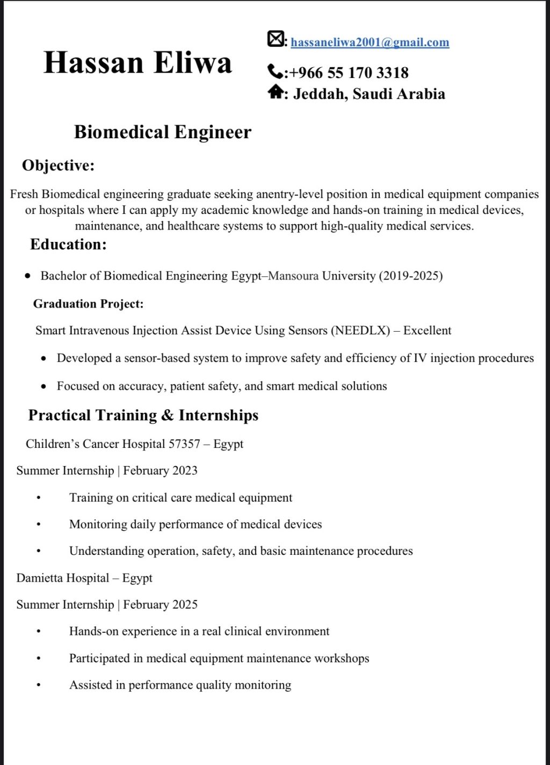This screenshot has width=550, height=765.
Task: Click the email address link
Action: point(370,42)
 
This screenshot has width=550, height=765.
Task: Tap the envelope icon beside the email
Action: point(275,39)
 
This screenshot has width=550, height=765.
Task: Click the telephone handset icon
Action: point(274,71)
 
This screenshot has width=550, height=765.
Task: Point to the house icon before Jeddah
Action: point(275,92)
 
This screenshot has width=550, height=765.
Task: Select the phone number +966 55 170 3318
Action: point(349,73)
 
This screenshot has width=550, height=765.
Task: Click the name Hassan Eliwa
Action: point(137,62)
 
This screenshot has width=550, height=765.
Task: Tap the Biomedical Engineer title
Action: point(162,132)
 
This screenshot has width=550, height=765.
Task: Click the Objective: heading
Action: point(58,165)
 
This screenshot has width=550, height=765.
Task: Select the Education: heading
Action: point(68,245)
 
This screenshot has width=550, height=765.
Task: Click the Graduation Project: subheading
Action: point(88,304)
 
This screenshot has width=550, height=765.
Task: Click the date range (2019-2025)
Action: point(410,276)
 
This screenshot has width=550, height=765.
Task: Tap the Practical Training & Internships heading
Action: point(143,415)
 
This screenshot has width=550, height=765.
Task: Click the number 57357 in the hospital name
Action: point(184,444)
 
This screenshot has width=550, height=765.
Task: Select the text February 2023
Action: point(160,471)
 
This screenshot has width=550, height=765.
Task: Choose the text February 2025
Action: point(160,605)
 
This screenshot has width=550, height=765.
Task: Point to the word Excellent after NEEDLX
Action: point(427,331)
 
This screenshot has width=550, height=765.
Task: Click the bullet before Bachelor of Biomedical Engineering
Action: point(28,276)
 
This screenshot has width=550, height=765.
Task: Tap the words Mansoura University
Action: point(322,276)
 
